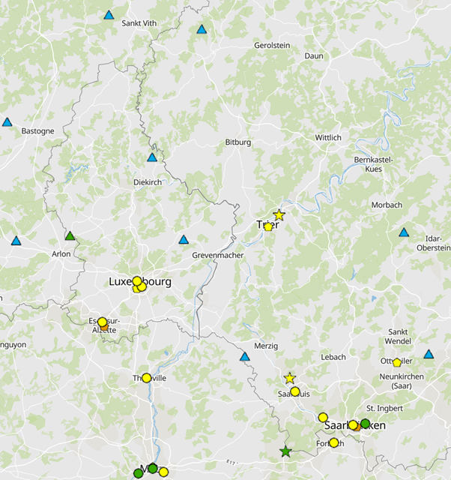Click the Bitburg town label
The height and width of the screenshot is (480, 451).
click(x=237, y=142)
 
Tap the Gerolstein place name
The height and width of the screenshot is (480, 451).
click(x=272, y=45)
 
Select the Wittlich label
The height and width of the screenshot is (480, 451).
click(x=328, y=137)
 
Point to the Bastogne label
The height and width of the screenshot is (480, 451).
click(x=37, y=130)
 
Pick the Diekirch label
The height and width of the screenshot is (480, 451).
click(x=147, y=181)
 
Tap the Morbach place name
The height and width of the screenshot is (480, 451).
click(x=387, y=205)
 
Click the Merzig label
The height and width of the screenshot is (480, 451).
click(x=265, y=346)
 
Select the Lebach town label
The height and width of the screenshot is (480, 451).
click(x=333, y=357)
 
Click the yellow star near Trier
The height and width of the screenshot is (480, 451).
click(x=279, y=215)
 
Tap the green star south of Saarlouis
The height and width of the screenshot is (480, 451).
click(x=285, y=452)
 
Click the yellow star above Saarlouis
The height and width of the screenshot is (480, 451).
click(x=290, y=378)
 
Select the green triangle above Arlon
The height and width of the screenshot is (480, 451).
click(x=70, y=236)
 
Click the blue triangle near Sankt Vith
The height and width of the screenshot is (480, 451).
click(x=109, y=15)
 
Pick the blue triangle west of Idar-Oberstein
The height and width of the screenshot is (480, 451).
click(x=404, y=232)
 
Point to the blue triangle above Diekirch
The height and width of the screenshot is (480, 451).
click(x=152, y=157)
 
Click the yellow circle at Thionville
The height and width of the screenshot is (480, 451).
click(x=147, y=378)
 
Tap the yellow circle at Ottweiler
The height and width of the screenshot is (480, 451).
click(x=397, y=363)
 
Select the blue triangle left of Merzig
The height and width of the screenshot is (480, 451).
click(x=244, y=356)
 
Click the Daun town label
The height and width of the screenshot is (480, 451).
click(x=313, y=55)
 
